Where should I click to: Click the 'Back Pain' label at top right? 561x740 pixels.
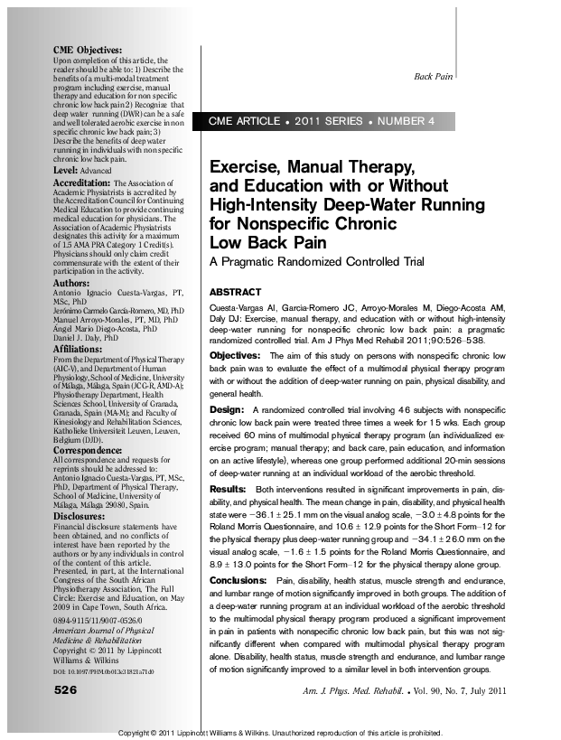433,77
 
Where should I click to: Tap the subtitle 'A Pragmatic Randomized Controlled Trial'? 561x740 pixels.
316,262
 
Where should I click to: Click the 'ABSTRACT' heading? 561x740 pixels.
235,293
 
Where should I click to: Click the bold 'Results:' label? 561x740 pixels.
229,488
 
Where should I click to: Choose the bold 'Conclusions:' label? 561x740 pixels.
238,579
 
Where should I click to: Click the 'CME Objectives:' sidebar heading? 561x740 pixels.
88,50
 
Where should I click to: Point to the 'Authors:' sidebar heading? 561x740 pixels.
72,283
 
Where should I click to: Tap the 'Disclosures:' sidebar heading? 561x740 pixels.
80,516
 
